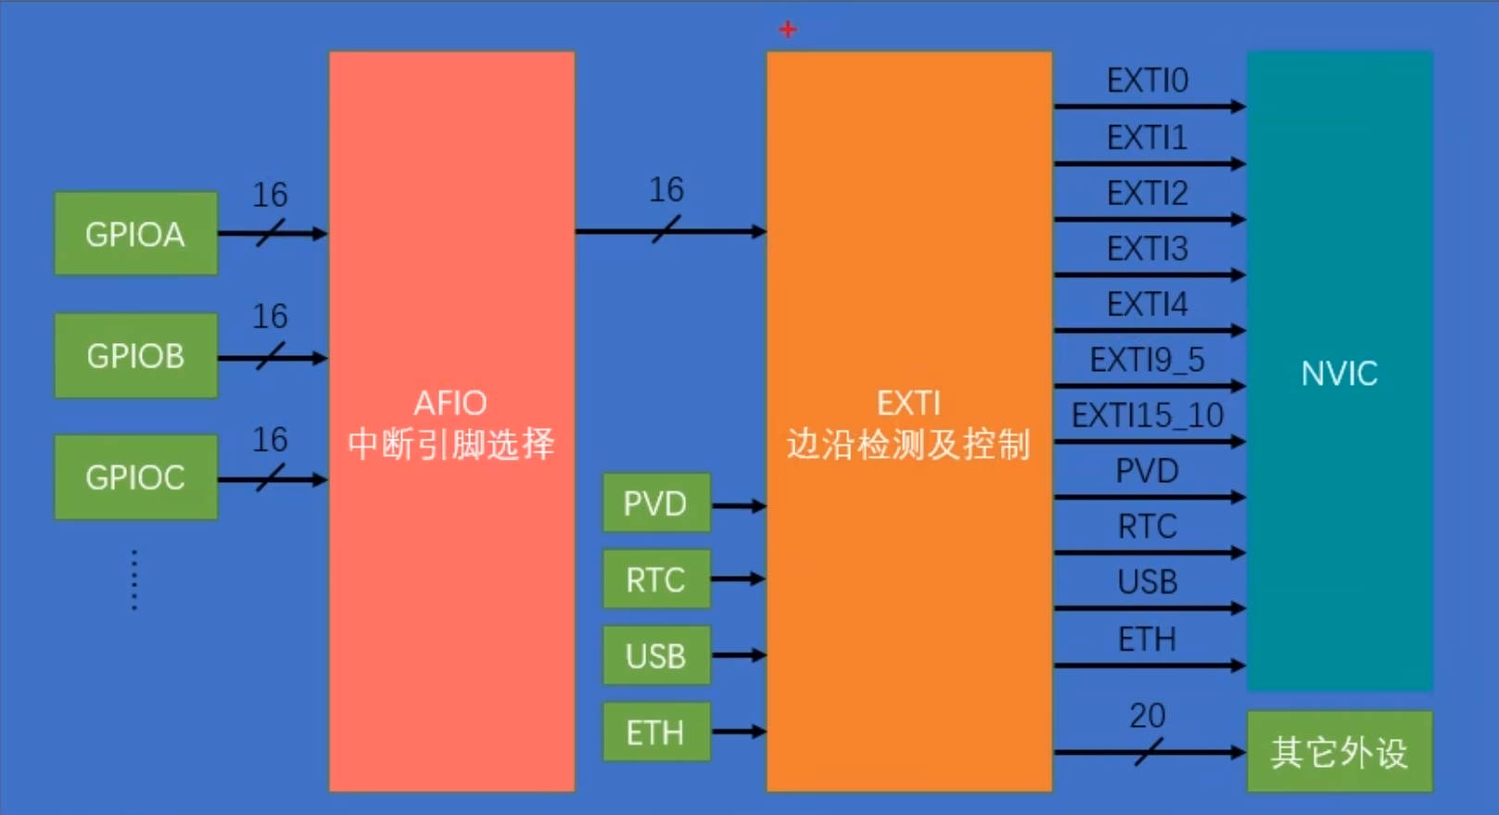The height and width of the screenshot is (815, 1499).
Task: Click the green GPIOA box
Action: (135, 234)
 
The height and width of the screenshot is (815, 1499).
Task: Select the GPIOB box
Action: (135, 356)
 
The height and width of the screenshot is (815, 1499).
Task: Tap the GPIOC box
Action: (135, 478)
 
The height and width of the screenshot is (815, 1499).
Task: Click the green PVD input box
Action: (655, 503)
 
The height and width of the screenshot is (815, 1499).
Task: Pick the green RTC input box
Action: (655, 579)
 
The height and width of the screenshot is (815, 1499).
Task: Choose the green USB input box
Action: (655, 656)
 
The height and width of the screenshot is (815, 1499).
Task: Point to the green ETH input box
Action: (655, 732)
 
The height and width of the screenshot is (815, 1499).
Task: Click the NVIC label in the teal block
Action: (1339, 374)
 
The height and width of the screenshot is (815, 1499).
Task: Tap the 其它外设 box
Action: (1339, 752)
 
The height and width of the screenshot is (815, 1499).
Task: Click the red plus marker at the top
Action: (788, 30)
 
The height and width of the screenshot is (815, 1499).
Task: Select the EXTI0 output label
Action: (1147, 81)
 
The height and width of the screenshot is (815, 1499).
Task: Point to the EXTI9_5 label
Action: (1147, 360)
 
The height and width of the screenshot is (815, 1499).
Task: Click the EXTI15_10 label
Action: (1147, 415)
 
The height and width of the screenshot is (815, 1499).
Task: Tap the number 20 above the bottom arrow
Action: (1147, 716)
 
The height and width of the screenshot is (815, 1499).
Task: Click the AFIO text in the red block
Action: (451, 403)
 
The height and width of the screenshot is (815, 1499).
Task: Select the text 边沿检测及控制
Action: (908, 445)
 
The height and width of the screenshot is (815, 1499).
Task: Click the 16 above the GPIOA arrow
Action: (270, 195)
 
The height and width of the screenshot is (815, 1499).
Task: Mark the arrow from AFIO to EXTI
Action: (669, 231)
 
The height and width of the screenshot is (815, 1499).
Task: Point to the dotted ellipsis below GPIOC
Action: (134, 580)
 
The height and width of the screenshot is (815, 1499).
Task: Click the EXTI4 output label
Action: (1147, 304)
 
